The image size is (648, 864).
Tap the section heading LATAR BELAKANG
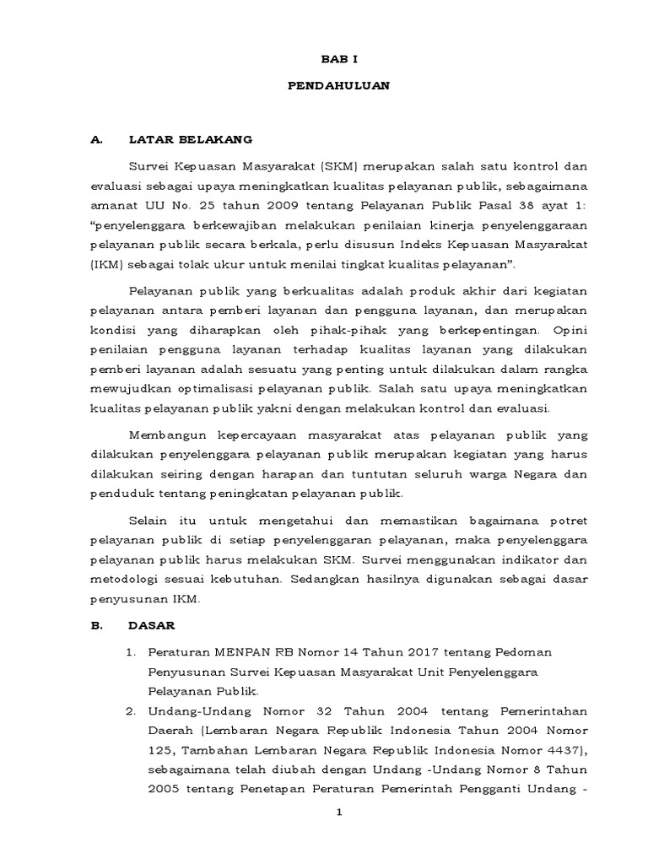tap(190, 139)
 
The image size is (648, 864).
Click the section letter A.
tap(95, 139)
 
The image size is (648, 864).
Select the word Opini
tap(569, 328)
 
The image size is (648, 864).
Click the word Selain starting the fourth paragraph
tap(148, 516)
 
